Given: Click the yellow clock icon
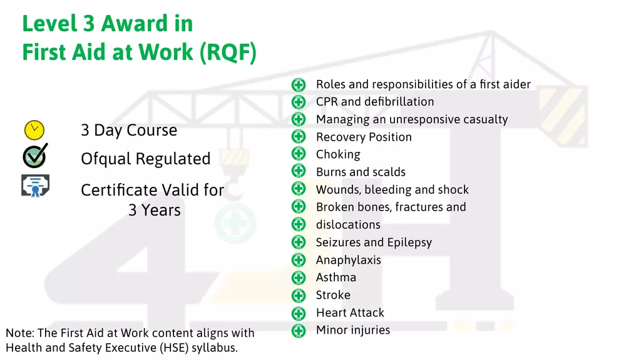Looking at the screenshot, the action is click(34, 130).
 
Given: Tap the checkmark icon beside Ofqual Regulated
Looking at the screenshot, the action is click(35, 156).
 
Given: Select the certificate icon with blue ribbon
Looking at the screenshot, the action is click(36, 186).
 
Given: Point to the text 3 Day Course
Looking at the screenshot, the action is click(129, 130).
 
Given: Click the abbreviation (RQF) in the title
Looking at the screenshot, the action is click(228, 52).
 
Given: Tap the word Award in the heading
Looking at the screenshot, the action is click(134, 23).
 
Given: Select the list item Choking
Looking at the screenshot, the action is click(338, 154).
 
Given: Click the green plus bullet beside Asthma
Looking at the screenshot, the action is click(299, 277).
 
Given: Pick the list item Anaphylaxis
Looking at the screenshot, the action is click(348, 260).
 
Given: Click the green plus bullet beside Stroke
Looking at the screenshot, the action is click(299, 295).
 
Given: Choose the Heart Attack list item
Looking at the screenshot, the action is click(350, 312).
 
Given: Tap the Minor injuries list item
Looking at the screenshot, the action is click(353, 330).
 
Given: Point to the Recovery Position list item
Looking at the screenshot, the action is click(364, 137).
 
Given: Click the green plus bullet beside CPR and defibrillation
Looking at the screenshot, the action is click(299, 102).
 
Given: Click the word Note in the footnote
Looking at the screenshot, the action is click(20, 333).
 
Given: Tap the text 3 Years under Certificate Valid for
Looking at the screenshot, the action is click(155, 210).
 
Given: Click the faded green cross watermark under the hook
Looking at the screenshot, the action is click(235, 224).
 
